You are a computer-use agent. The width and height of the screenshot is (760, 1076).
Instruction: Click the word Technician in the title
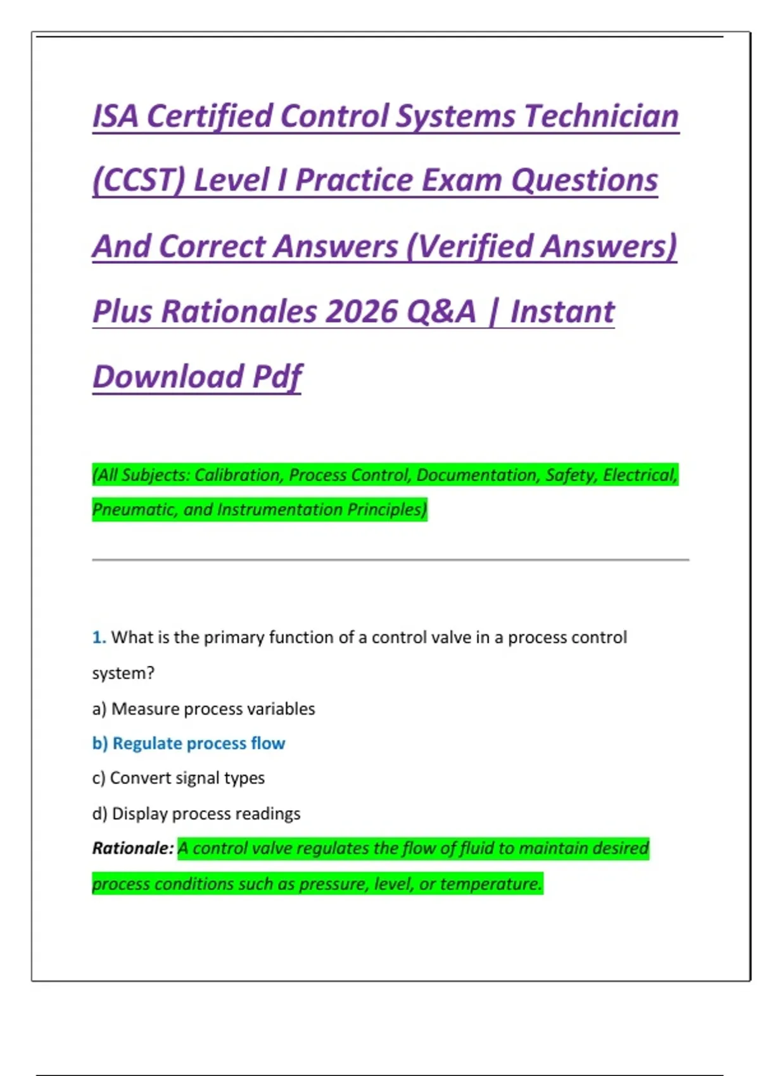[x=602, y=116]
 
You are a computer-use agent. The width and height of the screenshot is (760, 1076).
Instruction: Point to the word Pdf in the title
[x=277, y=377]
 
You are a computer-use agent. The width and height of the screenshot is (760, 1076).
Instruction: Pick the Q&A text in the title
[x=441, y=311]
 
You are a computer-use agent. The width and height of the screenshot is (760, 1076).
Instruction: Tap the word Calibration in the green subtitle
[x=237, y=475]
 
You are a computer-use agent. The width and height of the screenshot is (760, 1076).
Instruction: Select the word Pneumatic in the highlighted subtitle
[x=134, y=510]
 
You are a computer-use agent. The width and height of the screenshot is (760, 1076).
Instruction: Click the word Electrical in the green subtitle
[x=640, y=475]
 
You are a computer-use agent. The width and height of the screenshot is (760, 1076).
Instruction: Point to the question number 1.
[x=99, y=637]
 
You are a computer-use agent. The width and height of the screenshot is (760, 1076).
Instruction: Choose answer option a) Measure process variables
[x=203, y=709]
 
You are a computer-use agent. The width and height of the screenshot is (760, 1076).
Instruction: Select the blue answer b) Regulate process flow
[x=189, y=743]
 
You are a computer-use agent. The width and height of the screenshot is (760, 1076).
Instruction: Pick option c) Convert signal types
[x=179, y=778]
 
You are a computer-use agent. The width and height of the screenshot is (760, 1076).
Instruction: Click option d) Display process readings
[x=196, y=813]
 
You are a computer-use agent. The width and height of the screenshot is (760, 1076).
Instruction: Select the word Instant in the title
[x=562, y=311]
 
